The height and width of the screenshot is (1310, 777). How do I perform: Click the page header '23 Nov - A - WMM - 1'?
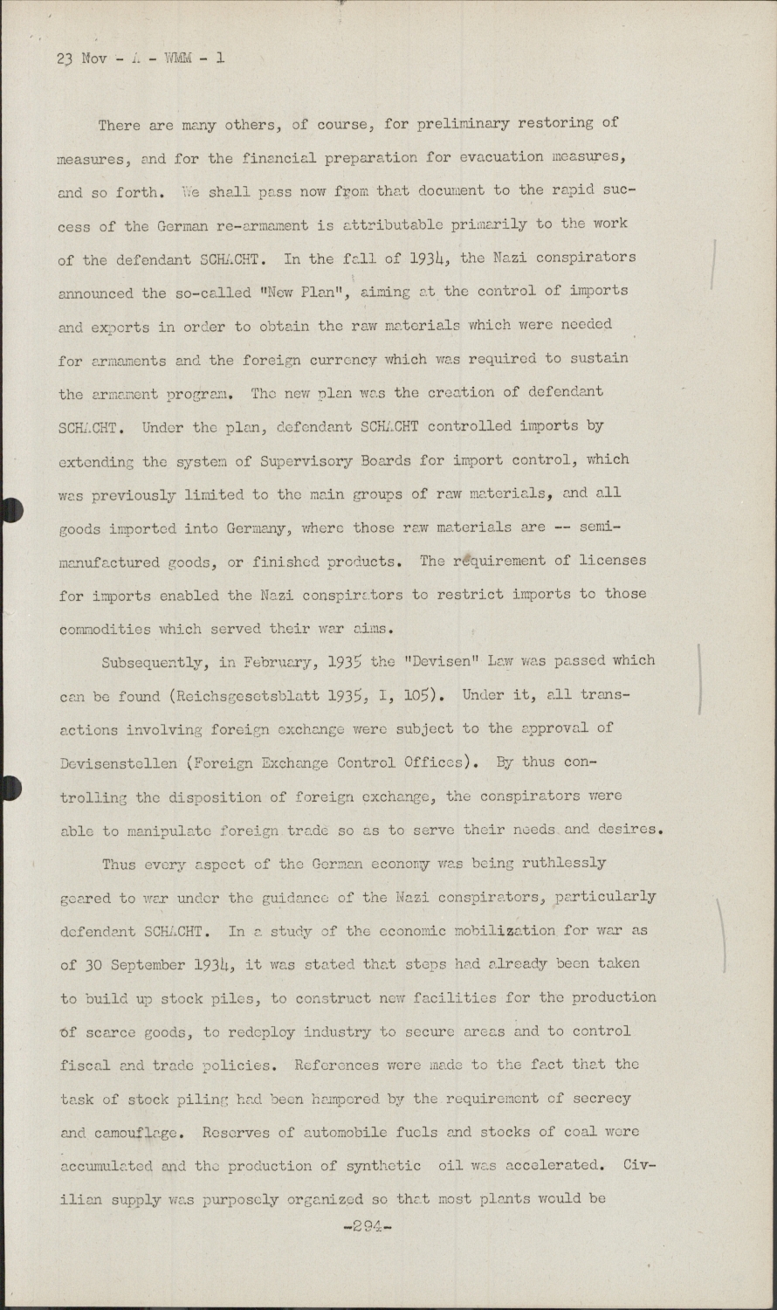point(141,59)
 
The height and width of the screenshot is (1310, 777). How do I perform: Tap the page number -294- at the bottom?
point(368,1225)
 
